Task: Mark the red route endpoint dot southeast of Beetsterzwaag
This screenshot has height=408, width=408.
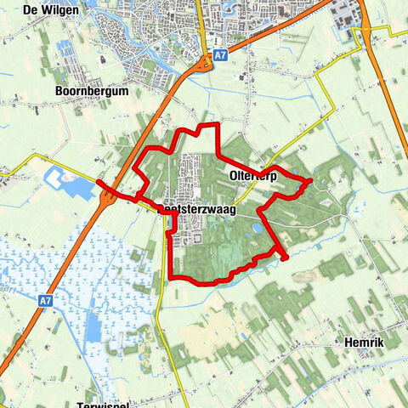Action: (x=284, y=257)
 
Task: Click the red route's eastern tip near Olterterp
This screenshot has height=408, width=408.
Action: (x=310, y=180)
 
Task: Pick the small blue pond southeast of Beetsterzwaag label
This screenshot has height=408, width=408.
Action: (x=254, y=229)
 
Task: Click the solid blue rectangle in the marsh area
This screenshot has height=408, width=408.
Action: (x=92, y=326)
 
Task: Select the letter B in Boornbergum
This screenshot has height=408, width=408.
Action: (x=59, y=90)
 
